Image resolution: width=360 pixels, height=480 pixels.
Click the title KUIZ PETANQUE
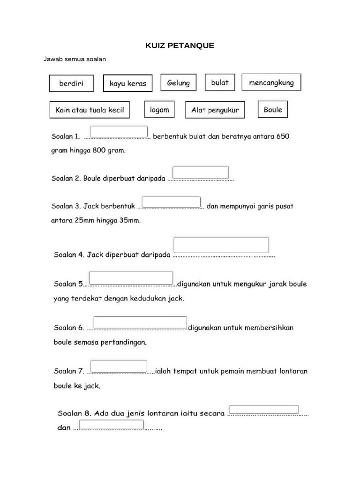[x=180, y=45]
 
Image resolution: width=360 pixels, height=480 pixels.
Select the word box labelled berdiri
[x=71, y=83]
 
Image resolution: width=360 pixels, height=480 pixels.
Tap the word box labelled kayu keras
[x=128, y=83]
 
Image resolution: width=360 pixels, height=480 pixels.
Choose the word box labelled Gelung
[x=178, y=83]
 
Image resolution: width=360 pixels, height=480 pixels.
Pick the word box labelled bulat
[x=220, y=82]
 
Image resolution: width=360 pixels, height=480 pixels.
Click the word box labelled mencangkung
[x=271, y=82]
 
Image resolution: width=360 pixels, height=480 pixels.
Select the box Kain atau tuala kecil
[x=90, y=110]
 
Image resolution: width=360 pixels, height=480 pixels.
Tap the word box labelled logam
[x=159, y=110]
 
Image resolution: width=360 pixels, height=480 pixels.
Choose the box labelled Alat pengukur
[x=215, y=110]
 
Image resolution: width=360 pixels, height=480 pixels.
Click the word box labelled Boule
[x=273, y=110]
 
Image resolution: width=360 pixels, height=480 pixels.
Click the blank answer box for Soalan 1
[x=119, y=132]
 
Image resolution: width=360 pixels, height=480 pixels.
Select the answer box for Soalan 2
[x=201, y=172]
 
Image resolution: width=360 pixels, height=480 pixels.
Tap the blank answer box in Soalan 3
[x=171, y=202]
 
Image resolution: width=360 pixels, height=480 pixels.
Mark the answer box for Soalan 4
[x=221, y=245]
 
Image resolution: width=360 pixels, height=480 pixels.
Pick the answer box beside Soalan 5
[x=131, y=277]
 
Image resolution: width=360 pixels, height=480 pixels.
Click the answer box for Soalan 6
[x=140, y=322]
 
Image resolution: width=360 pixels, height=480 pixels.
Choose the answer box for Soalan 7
[x=119, y=366]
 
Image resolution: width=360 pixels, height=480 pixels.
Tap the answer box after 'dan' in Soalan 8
[x=111, y=425]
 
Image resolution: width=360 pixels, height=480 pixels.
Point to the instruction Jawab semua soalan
[x=75, y=60]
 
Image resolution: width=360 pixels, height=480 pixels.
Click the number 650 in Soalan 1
[x=283, y=137]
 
